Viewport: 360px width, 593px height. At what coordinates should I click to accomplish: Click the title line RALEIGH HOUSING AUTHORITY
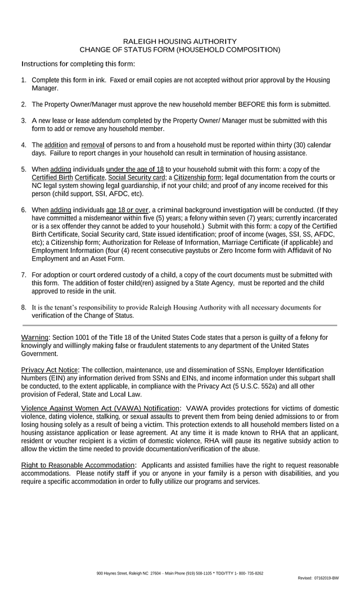[x=180, y=42]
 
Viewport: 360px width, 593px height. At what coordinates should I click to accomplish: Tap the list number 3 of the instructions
[x=24, y=120]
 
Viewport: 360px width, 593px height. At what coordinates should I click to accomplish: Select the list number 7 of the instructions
[x=24, y=275]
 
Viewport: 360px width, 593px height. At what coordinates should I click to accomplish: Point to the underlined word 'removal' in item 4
[x=93, y=145]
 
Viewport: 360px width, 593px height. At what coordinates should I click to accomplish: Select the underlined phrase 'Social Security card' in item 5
[x=137, y=178]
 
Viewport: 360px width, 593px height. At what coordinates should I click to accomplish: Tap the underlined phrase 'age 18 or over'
[x=127, y=210]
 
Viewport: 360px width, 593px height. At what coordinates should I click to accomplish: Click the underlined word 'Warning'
[x=35, y=338]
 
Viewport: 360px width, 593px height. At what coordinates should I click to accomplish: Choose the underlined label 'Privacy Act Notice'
[x=49, y=370]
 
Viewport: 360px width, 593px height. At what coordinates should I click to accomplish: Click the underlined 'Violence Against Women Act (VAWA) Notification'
[x=100, y=408]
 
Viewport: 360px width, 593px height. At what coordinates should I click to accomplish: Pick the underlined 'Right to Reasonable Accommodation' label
[x=78, y=465]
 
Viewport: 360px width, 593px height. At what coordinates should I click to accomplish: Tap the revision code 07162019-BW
[x=327, y=578]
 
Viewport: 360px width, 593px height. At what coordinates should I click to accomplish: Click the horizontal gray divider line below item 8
[x=179, y=325]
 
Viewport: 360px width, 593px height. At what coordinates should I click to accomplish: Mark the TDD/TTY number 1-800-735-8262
[x=248, y=573]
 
